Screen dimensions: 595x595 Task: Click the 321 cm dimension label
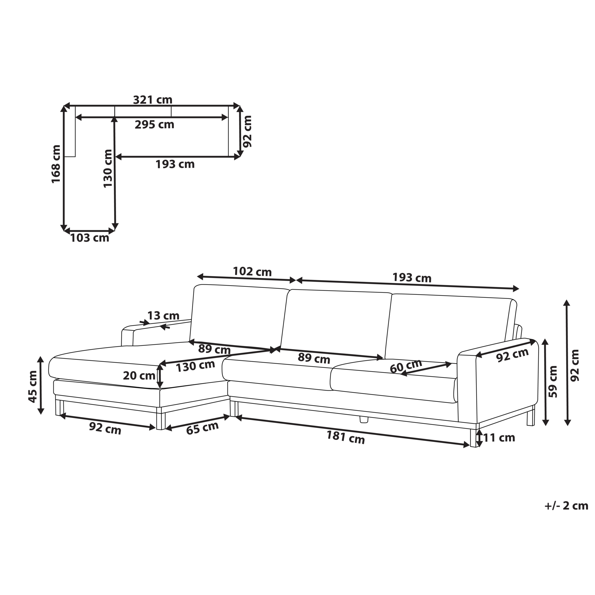tap(153, 99)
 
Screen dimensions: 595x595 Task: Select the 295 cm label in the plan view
tap(154, 125)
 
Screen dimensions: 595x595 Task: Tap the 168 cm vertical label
tap(56, 164)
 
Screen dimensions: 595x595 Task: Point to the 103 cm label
tap(90, 238)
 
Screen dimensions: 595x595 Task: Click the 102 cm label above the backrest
tap(252, 272)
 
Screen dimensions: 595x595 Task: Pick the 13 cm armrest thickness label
tap(163, 316)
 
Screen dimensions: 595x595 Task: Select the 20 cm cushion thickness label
tap(139, 376)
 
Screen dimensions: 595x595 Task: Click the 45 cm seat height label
tap(33, 386)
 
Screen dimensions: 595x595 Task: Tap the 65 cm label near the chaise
tap(202, 428)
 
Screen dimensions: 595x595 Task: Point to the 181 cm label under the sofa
tap(345, 437)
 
